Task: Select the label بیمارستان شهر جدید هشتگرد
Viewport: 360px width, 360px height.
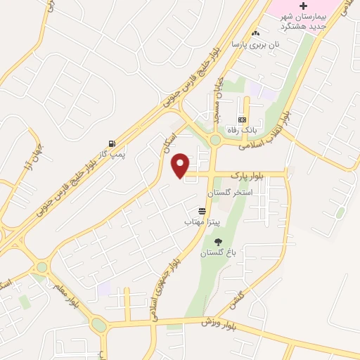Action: [x=295, y=21]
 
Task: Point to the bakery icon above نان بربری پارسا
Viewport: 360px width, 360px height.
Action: [x=256, y=33]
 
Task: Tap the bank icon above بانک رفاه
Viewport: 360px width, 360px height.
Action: [x=242, y=120]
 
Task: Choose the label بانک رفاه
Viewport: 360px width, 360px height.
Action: [x=241, y=130]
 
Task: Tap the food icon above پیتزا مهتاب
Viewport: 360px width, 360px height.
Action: [x=202, y=211]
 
